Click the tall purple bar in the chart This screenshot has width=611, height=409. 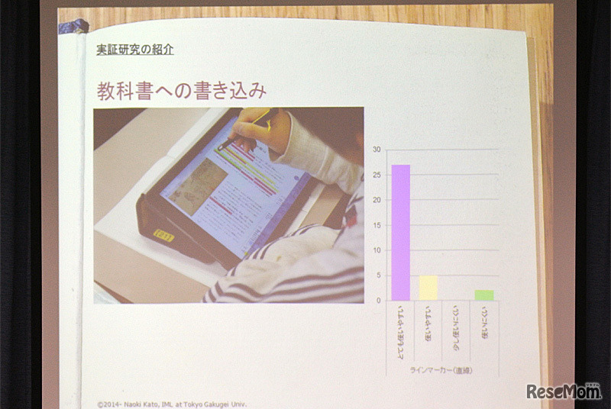click(401, 233)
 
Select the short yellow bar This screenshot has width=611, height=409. click(428, 288)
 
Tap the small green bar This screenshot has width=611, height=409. click(484, 295)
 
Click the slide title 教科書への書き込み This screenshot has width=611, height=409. click(181, 91)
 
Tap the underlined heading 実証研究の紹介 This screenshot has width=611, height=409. click(135, 50)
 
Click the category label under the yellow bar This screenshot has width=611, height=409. click(428, 324)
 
